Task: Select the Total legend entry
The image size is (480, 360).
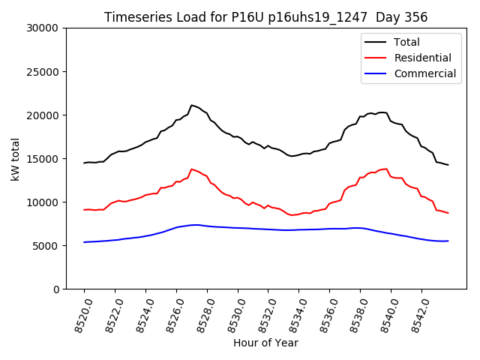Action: coord(406,42)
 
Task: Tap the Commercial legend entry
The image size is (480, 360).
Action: coord(424,73)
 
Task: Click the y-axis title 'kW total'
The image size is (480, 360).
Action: coord(16,158)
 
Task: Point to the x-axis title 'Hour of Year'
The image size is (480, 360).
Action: coord(265,343)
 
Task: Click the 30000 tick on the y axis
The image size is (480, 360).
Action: coord(43,28)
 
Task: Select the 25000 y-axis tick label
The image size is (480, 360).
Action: coord(43,71)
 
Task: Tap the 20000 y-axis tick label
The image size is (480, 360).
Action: coord(43,115)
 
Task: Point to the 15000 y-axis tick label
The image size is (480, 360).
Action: coord(43,158)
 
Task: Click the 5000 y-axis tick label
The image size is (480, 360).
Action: coord(46,245)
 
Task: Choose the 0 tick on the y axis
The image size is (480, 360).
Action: coord(55,289)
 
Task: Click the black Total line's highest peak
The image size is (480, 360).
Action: coord(192,105)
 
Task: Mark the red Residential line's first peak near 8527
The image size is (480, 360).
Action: coord(192,169)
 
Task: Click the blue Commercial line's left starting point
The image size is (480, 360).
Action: coord(84,242)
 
